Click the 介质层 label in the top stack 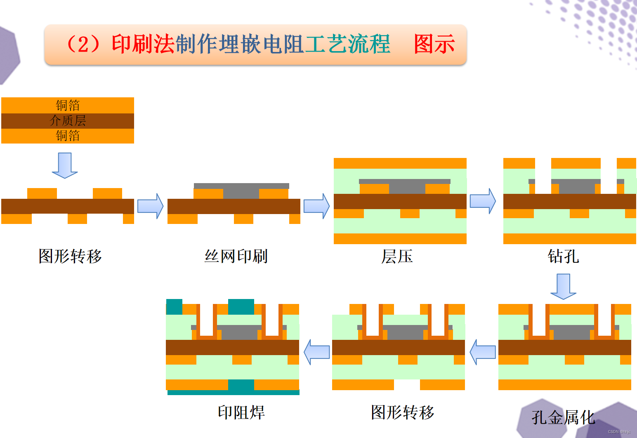pos(68,121)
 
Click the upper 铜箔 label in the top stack pos(68,106)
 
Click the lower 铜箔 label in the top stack pos(68,136)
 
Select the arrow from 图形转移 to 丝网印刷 pos(150,206)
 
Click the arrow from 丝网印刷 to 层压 pos(316,206)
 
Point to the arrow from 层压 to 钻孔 pos(483,201)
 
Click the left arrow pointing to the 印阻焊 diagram pos(317,352)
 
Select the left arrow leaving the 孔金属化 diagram pos(483,352)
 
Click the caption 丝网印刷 pos(236,257)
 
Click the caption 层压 pos(397,257)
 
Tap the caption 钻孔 pos(563,257)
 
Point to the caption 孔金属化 pos(563,417)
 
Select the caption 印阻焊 pos(241,412)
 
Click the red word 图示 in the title pos(434,44)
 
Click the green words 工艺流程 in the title pos(347,44)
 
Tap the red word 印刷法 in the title pos(143,44)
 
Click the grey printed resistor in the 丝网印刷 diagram pos(241,191)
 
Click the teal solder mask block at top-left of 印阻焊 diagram pos(174,307)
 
